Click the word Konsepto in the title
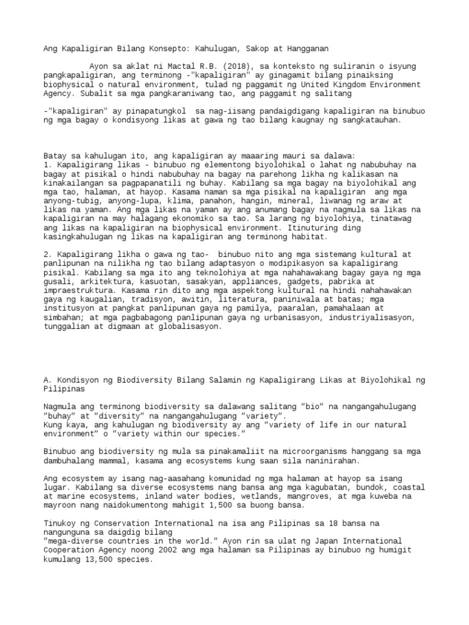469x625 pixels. pyautogui.click(x=161, y=48)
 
